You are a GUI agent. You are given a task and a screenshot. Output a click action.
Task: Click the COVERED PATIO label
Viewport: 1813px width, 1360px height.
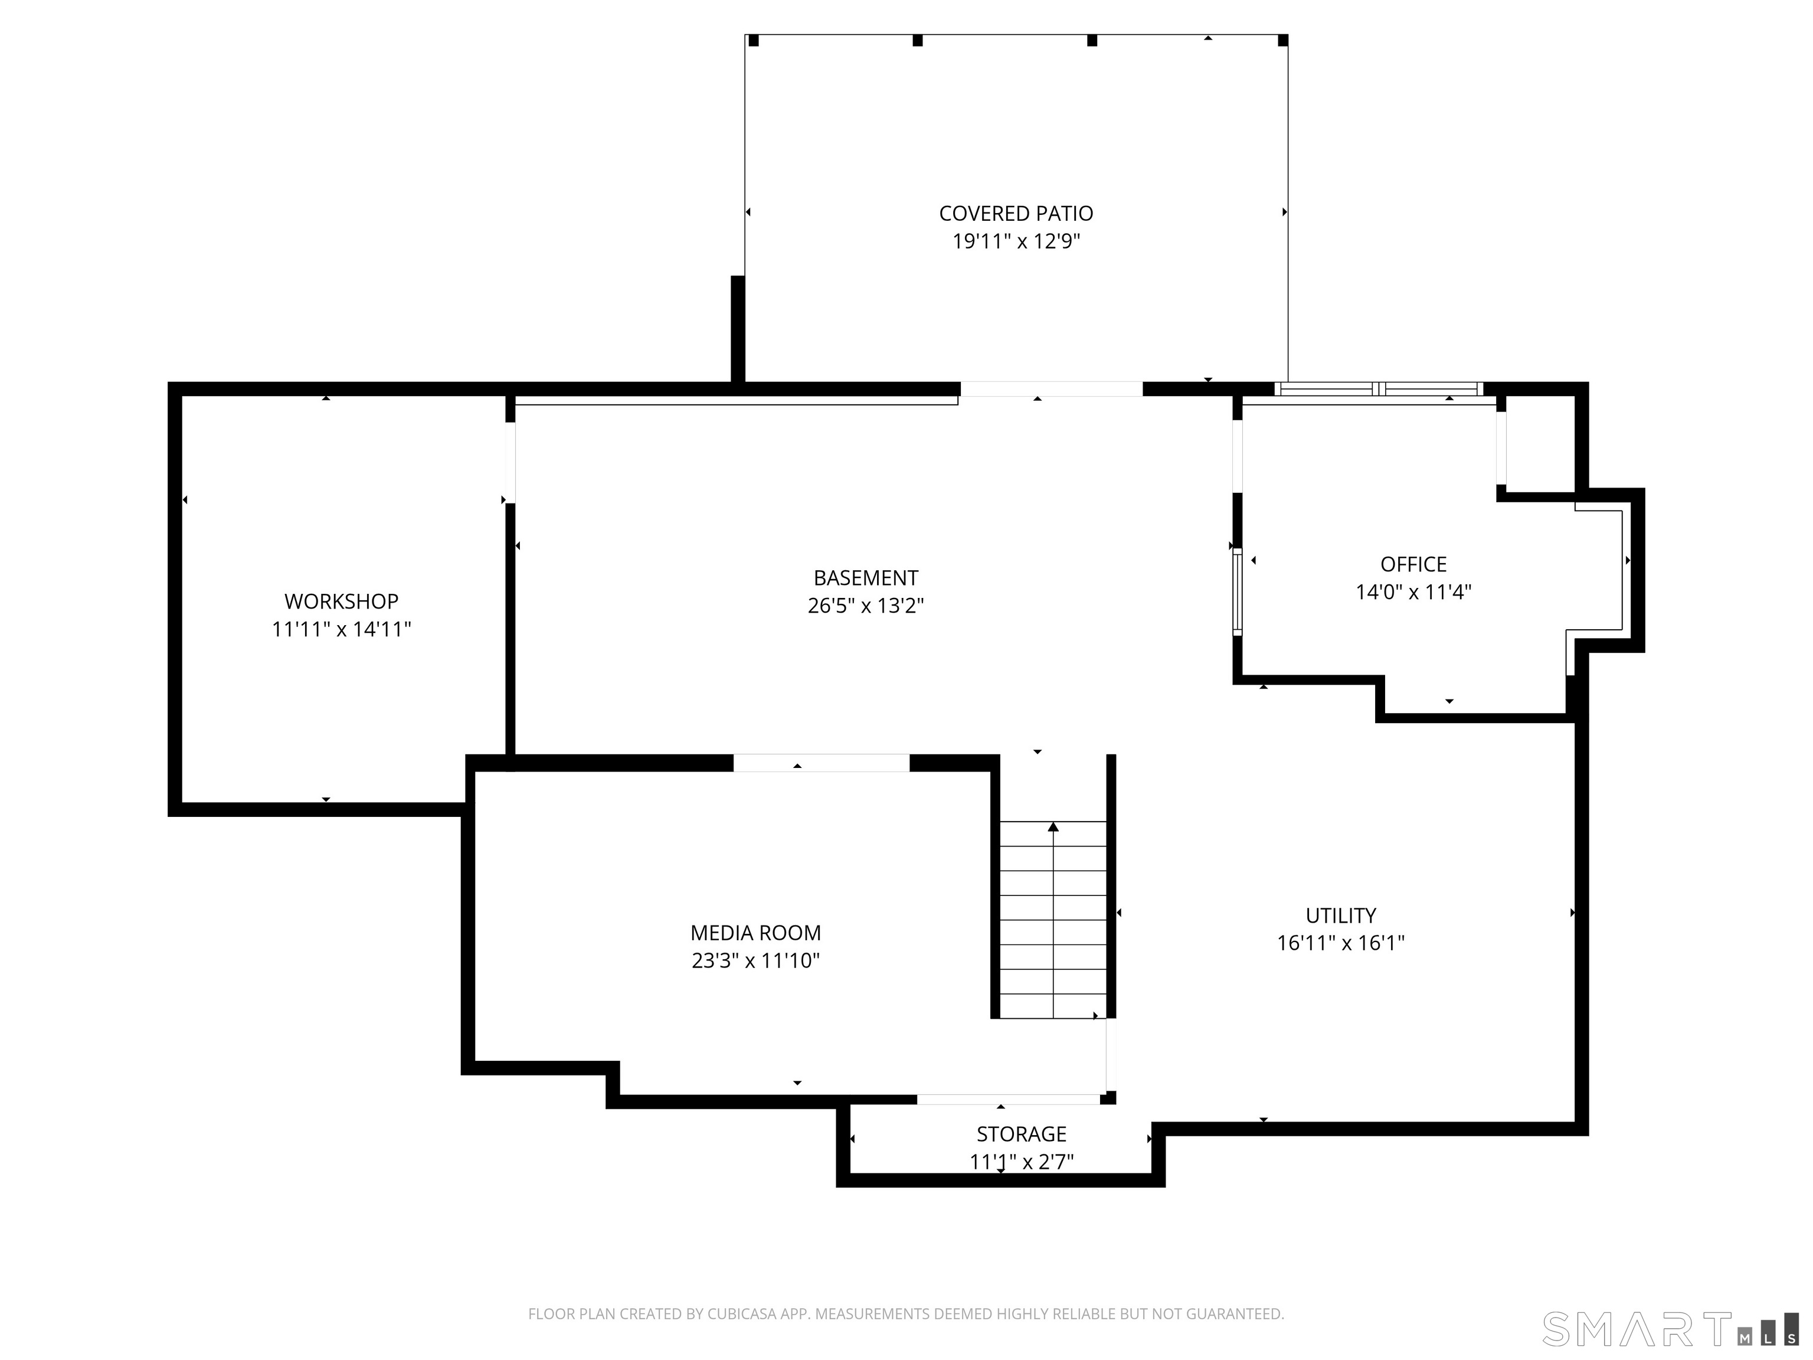[1016, 214]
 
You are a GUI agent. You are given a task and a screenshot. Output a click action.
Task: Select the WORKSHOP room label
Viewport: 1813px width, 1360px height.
[341, 601]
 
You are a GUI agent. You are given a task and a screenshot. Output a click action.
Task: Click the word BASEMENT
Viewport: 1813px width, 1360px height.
[866, 578]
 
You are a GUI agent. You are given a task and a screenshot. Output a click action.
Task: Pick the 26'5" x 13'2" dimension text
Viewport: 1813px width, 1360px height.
[866, 606]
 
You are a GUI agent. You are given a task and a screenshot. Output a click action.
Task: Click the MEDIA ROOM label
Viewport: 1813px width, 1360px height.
[755, 933]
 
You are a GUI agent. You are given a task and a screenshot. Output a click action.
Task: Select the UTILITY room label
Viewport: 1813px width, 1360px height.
[1340, 916]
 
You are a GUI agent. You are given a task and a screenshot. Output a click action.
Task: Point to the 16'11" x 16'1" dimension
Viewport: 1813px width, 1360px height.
[1340, 943]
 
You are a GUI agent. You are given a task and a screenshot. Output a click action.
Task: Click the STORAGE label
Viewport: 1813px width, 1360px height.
[1021, 1135]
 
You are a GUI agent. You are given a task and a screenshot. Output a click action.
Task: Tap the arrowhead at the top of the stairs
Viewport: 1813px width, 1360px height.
[1053, 826]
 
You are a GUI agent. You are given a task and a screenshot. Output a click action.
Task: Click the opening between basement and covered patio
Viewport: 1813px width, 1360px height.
[1052, 390]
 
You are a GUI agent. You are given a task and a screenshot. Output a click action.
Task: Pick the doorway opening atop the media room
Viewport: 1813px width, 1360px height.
[822, 763]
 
